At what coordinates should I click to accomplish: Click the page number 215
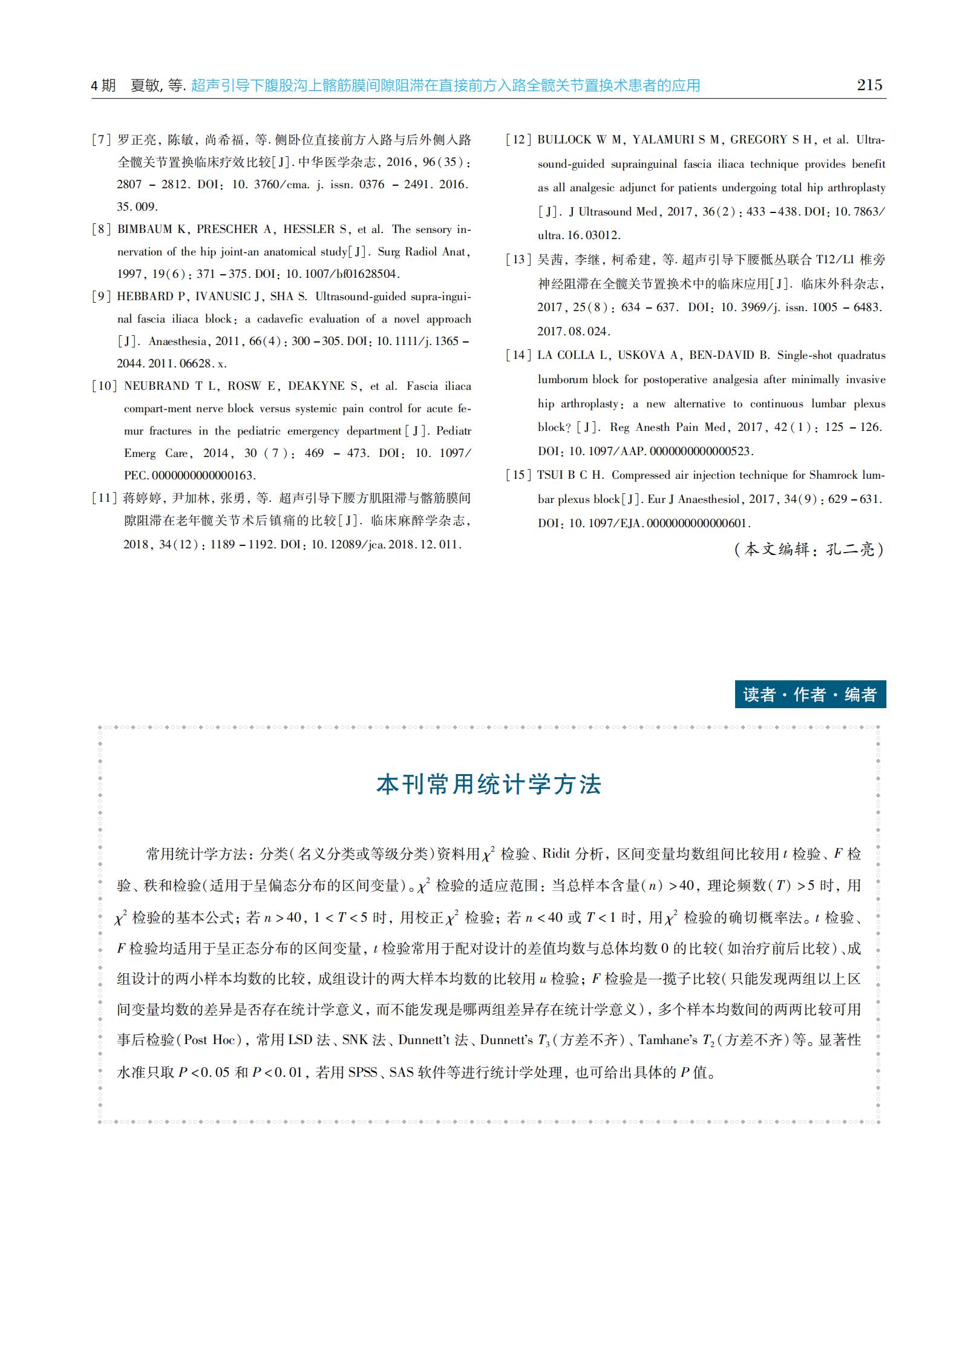point(869,85)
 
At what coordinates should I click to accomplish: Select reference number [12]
point(518,140)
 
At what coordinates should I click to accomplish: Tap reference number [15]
point(518,475)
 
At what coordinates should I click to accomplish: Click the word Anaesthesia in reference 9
point(177,341)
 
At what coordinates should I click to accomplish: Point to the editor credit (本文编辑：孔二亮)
point(809,550)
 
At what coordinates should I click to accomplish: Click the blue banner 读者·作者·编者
point(810,694)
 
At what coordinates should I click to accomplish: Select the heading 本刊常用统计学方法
point(489,784)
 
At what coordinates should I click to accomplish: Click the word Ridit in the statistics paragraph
point(556,854)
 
